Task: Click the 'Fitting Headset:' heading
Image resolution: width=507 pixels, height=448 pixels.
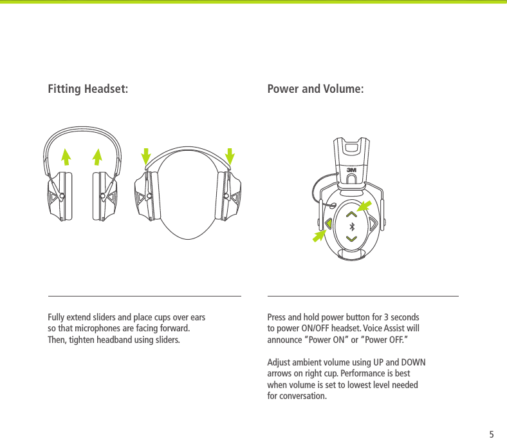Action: click(88, 88)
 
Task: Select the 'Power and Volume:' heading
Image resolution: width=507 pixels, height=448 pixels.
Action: click(315, 88)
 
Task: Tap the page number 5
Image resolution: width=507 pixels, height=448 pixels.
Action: click(492, 434)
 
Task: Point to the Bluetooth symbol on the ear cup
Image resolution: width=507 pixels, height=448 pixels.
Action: click(351, 226)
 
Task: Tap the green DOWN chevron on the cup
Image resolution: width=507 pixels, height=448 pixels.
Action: click(351, 239)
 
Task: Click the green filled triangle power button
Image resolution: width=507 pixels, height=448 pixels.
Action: click(328, 224)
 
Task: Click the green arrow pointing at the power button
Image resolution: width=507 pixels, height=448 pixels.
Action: click(318, 236)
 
